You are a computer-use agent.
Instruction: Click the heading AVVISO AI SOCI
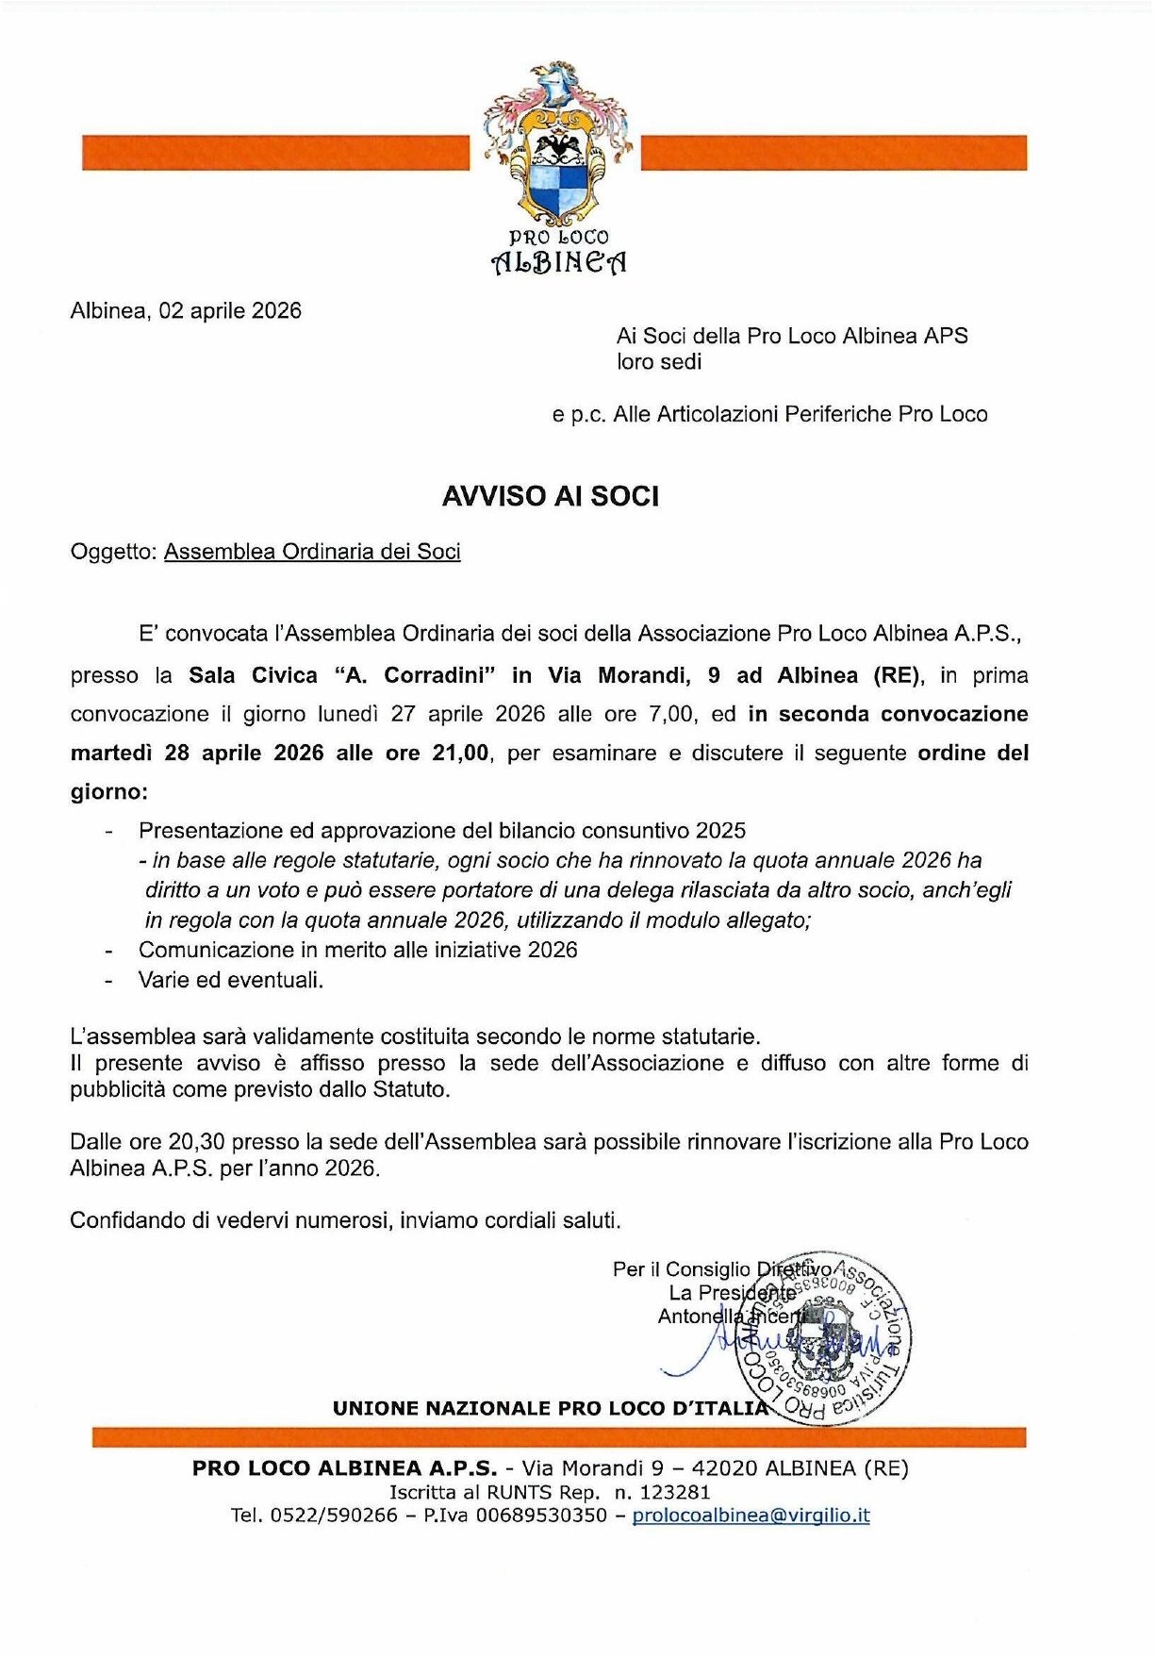pyautogui.click(x=550, y=496)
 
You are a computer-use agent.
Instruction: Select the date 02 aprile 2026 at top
pyautogui.click(x=230, y=311)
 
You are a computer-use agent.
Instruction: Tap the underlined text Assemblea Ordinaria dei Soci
pyautogui.click(x=312, y=552)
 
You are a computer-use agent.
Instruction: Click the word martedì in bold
pyautogui.click(x=110, y=753)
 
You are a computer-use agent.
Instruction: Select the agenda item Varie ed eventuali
pyautogui.click(x=231, y=980)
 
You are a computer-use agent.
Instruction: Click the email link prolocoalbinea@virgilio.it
pyautogui.click(x=751, y=1516)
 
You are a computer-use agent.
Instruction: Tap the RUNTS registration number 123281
pyautogui.click(x=674, y=1492)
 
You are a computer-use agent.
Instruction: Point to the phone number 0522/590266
pyautogui.click(x=334, y=1516)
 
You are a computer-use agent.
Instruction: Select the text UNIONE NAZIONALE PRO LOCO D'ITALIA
pyautogui.click(x=551, y=1408)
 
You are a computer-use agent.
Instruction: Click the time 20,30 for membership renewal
pyautogui.click(x=197, y=1141)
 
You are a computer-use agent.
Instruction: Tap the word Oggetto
pyautogui.click(x=112, y=552)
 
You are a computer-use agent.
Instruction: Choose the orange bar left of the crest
pyautogui.click(x=275, y=153)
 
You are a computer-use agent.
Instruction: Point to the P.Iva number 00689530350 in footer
pyautogui.click(x=541, y=1516)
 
